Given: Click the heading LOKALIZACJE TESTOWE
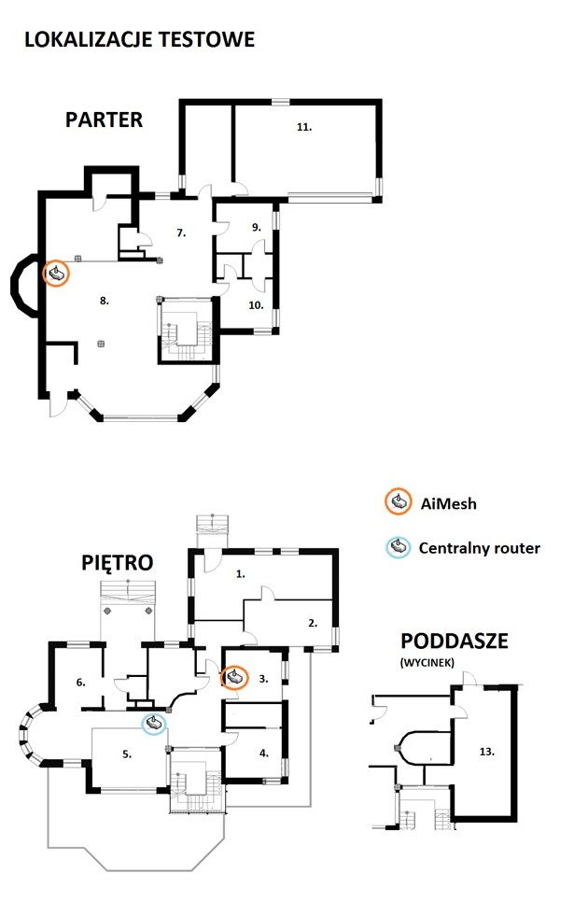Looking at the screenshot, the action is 140,40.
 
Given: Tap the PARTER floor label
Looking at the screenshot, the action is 104,120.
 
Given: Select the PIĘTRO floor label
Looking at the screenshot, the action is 118,562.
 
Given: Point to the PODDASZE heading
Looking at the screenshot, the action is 455,641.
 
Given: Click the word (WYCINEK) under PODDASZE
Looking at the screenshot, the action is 427,662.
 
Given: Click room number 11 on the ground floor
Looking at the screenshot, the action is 304,126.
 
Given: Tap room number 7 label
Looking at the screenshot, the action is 181,233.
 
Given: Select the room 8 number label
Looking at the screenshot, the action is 105,301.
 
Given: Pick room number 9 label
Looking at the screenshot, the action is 257,227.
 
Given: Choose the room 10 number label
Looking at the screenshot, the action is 257,305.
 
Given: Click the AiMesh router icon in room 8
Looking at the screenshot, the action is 57,273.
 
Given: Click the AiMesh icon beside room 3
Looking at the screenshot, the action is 234,678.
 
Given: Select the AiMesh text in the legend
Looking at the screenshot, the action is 448,503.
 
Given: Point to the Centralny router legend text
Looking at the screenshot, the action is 480,548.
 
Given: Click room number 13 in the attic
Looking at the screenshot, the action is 487,752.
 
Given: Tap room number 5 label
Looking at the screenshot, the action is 127,754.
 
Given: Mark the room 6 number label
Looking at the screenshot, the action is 80,682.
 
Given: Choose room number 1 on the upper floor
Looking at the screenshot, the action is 241,574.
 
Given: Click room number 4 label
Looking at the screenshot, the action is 264,754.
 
